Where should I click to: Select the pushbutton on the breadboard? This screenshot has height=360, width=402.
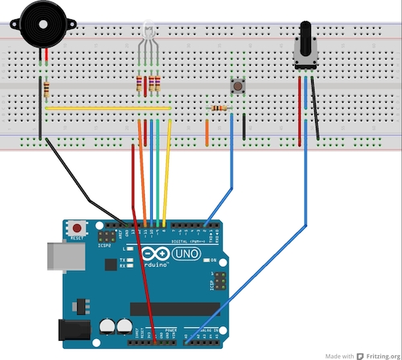coord(238,84)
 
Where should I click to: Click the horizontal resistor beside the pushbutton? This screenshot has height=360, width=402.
coord(219,108)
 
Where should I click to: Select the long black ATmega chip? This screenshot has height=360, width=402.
coord(174,309)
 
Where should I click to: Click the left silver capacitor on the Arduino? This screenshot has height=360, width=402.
coord(107,326)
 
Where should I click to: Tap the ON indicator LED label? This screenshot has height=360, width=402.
coord(213,261)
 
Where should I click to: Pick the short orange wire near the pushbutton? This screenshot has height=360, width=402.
coord(207,132)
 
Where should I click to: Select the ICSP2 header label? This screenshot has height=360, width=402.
coord(104,247)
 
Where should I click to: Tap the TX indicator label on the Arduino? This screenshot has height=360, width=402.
coord(121,260)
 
